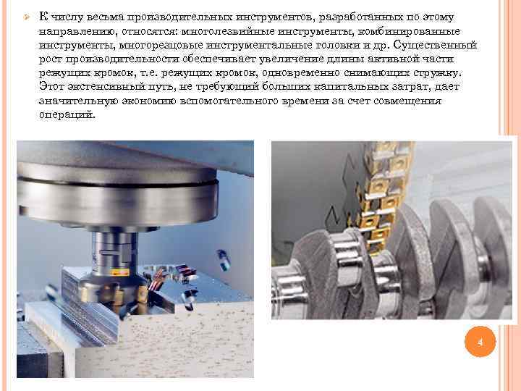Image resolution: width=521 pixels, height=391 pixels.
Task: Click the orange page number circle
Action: click(x=480, y=342)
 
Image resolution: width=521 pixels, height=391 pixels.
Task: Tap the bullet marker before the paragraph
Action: click(x=27, y=17)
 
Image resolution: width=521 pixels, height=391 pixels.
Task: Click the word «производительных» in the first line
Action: click(x=179, y=17)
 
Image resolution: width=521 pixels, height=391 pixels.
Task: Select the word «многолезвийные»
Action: click(x=228, y=31)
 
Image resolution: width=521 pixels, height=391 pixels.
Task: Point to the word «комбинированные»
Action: click(x=409, y=31)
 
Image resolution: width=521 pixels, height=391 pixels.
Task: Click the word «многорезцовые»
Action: click(x=161, y=45)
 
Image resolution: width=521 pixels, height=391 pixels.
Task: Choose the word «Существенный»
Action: click(x=435, y=45)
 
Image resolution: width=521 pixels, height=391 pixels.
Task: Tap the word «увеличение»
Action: click(x=291, y=59)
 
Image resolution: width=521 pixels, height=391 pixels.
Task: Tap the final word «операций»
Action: click(x=67, y=114)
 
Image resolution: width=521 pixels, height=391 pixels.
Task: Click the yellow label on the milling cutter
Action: click(x=120, y=273)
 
